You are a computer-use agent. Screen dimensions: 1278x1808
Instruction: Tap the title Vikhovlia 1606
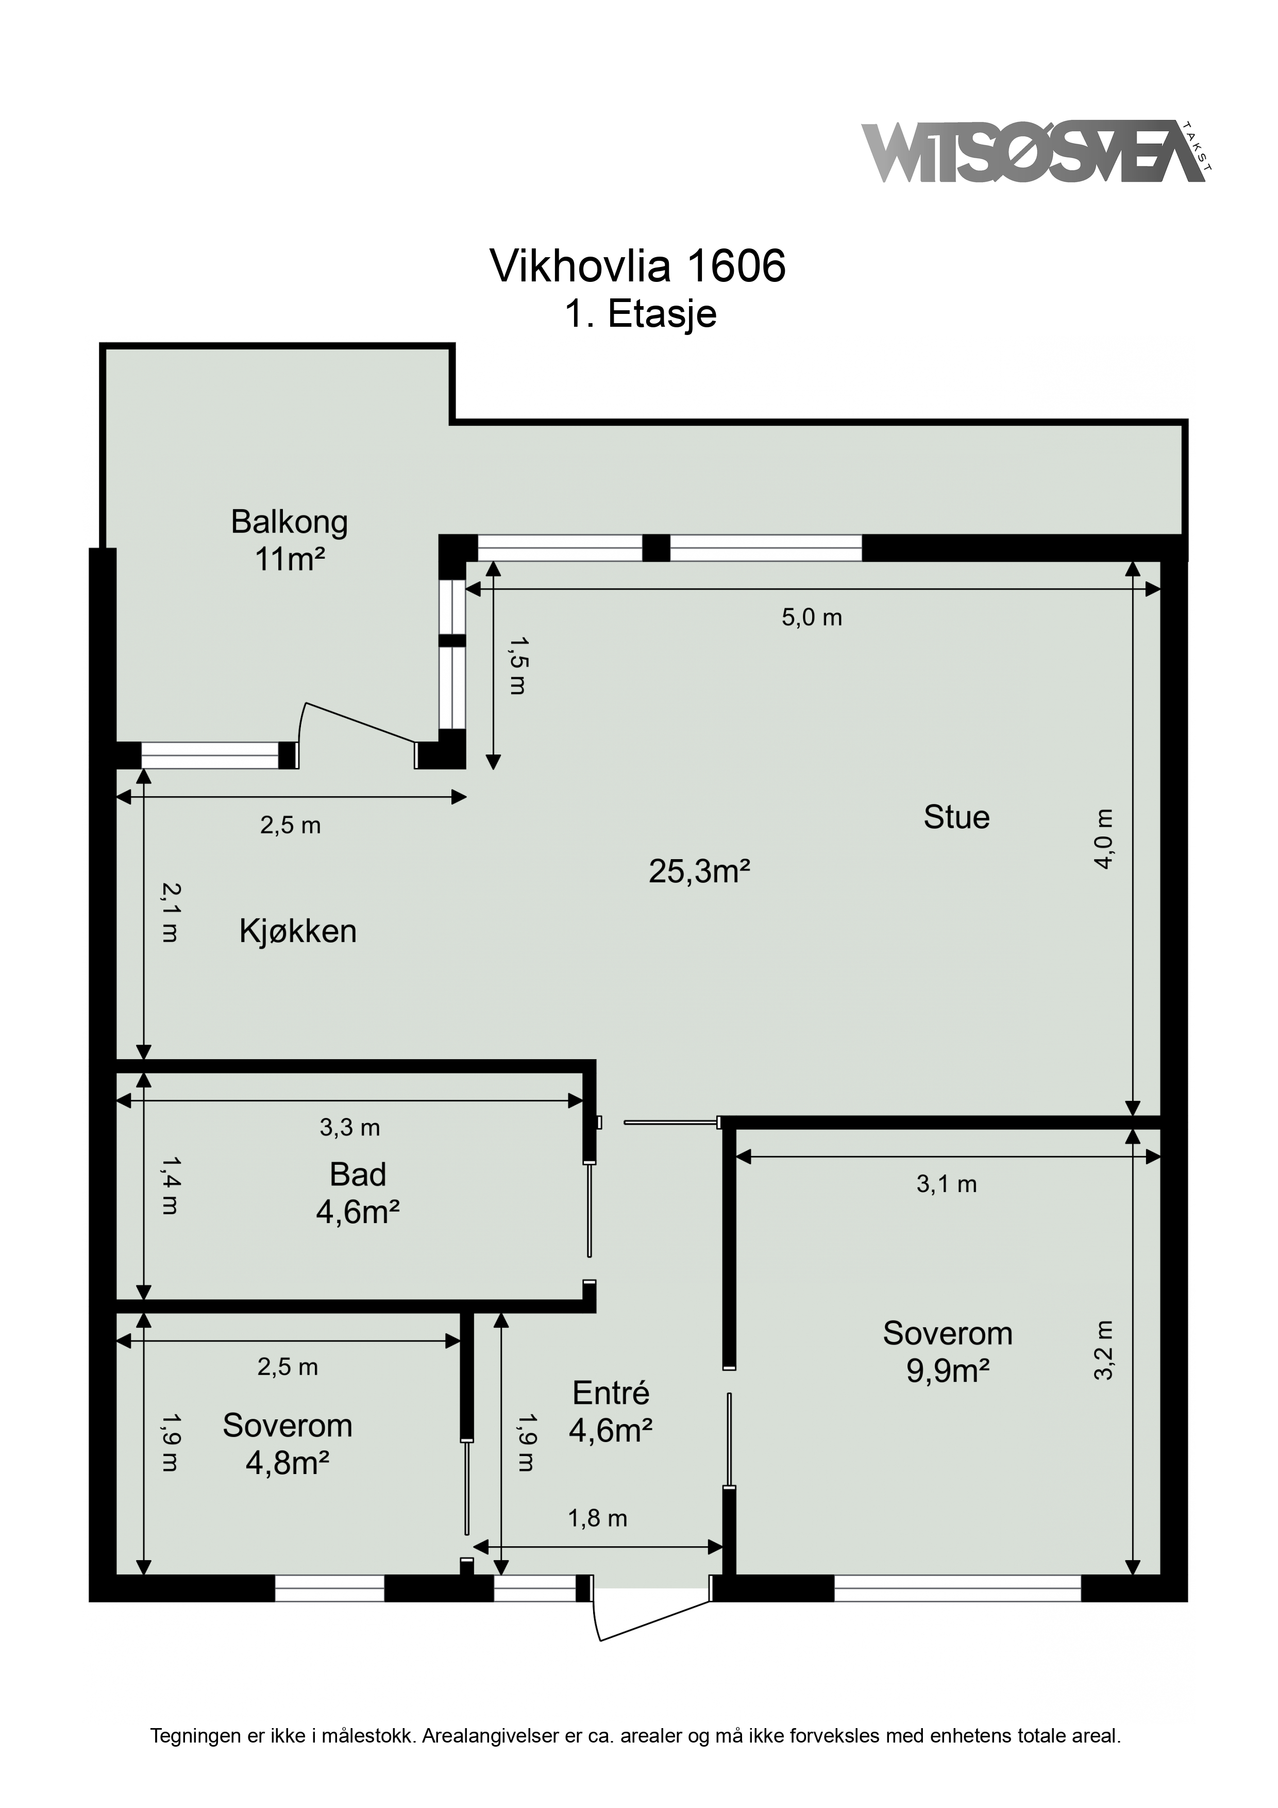[638, 266]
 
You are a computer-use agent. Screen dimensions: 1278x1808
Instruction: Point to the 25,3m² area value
[698, 872]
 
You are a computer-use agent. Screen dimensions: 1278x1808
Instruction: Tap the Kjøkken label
[298, 931]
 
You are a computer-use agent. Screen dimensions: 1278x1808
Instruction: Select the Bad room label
[358, 1175]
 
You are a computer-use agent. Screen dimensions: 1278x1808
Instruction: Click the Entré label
[611, 1393]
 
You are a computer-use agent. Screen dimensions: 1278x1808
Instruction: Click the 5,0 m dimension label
[812, 617]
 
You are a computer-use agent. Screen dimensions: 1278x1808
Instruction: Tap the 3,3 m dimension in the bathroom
[349, 1128]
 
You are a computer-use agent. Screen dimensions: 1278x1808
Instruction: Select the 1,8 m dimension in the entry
[598, 1518]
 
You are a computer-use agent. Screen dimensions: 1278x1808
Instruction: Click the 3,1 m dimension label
[947, 1184]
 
